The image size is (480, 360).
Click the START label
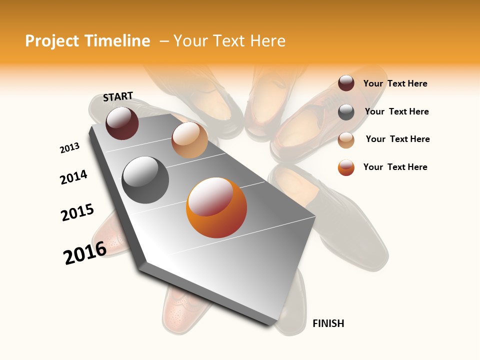[118, 96]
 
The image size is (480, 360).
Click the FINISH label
[328, 323]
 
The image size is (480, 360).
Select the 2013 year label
[70, 148]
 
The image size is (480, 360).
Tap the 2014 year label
[74, 177]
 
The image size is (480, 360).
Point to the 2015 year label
[77, 212]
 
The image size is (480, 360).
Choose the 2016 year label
[85, 252]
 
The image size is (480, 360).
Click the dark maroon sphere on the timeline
[122, 123]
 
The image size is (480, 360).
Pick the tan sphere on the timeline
[189, 140]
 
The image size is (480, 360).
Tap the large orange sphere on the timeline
[216, 207]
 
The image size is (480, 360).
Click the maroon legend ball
[346, 83]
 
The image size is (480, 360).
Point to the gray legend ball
[346, 112]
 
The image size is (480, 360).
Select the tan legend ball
[346, 140]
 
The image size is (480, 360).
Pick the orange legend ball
[346, 167]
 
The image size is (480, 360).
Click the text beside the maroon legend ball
[395, 83]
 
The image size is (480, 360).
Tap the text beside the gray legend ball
[396, 111]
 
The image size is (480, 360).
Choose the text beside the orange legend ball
[395, 167]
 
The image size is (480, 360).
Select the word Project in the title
[52, 41]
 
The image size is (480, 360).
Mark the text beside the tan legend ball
[397, 139]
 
